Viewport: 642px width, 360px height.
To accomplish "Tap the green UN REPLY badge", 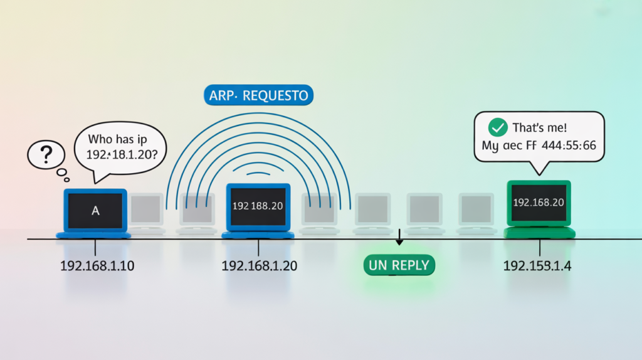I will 399,265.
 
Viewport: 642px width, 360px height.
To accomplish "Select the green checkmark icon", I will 498,128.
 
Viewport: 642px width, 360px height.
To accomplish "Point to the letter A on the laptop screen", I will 95,211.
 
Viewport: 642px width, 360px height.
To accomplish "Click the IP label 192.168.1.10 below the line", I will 97,266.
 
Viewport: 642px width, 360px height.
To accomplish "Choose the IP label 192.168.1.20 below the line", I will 259,266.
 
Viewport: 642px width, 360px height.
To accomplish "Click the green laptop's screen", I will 539,203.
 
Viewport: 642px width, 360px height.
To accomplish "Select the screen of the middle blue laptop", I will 258,206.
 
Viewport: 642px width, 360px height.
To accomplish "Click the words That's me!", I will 539,128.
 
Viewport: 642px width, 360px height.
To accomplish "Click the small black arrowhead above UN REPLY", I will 399,241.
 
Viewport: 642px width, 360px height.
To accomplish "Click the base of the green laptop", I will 539,233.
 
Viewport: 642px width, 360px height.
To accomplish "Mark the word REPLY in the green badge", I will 410,265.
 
